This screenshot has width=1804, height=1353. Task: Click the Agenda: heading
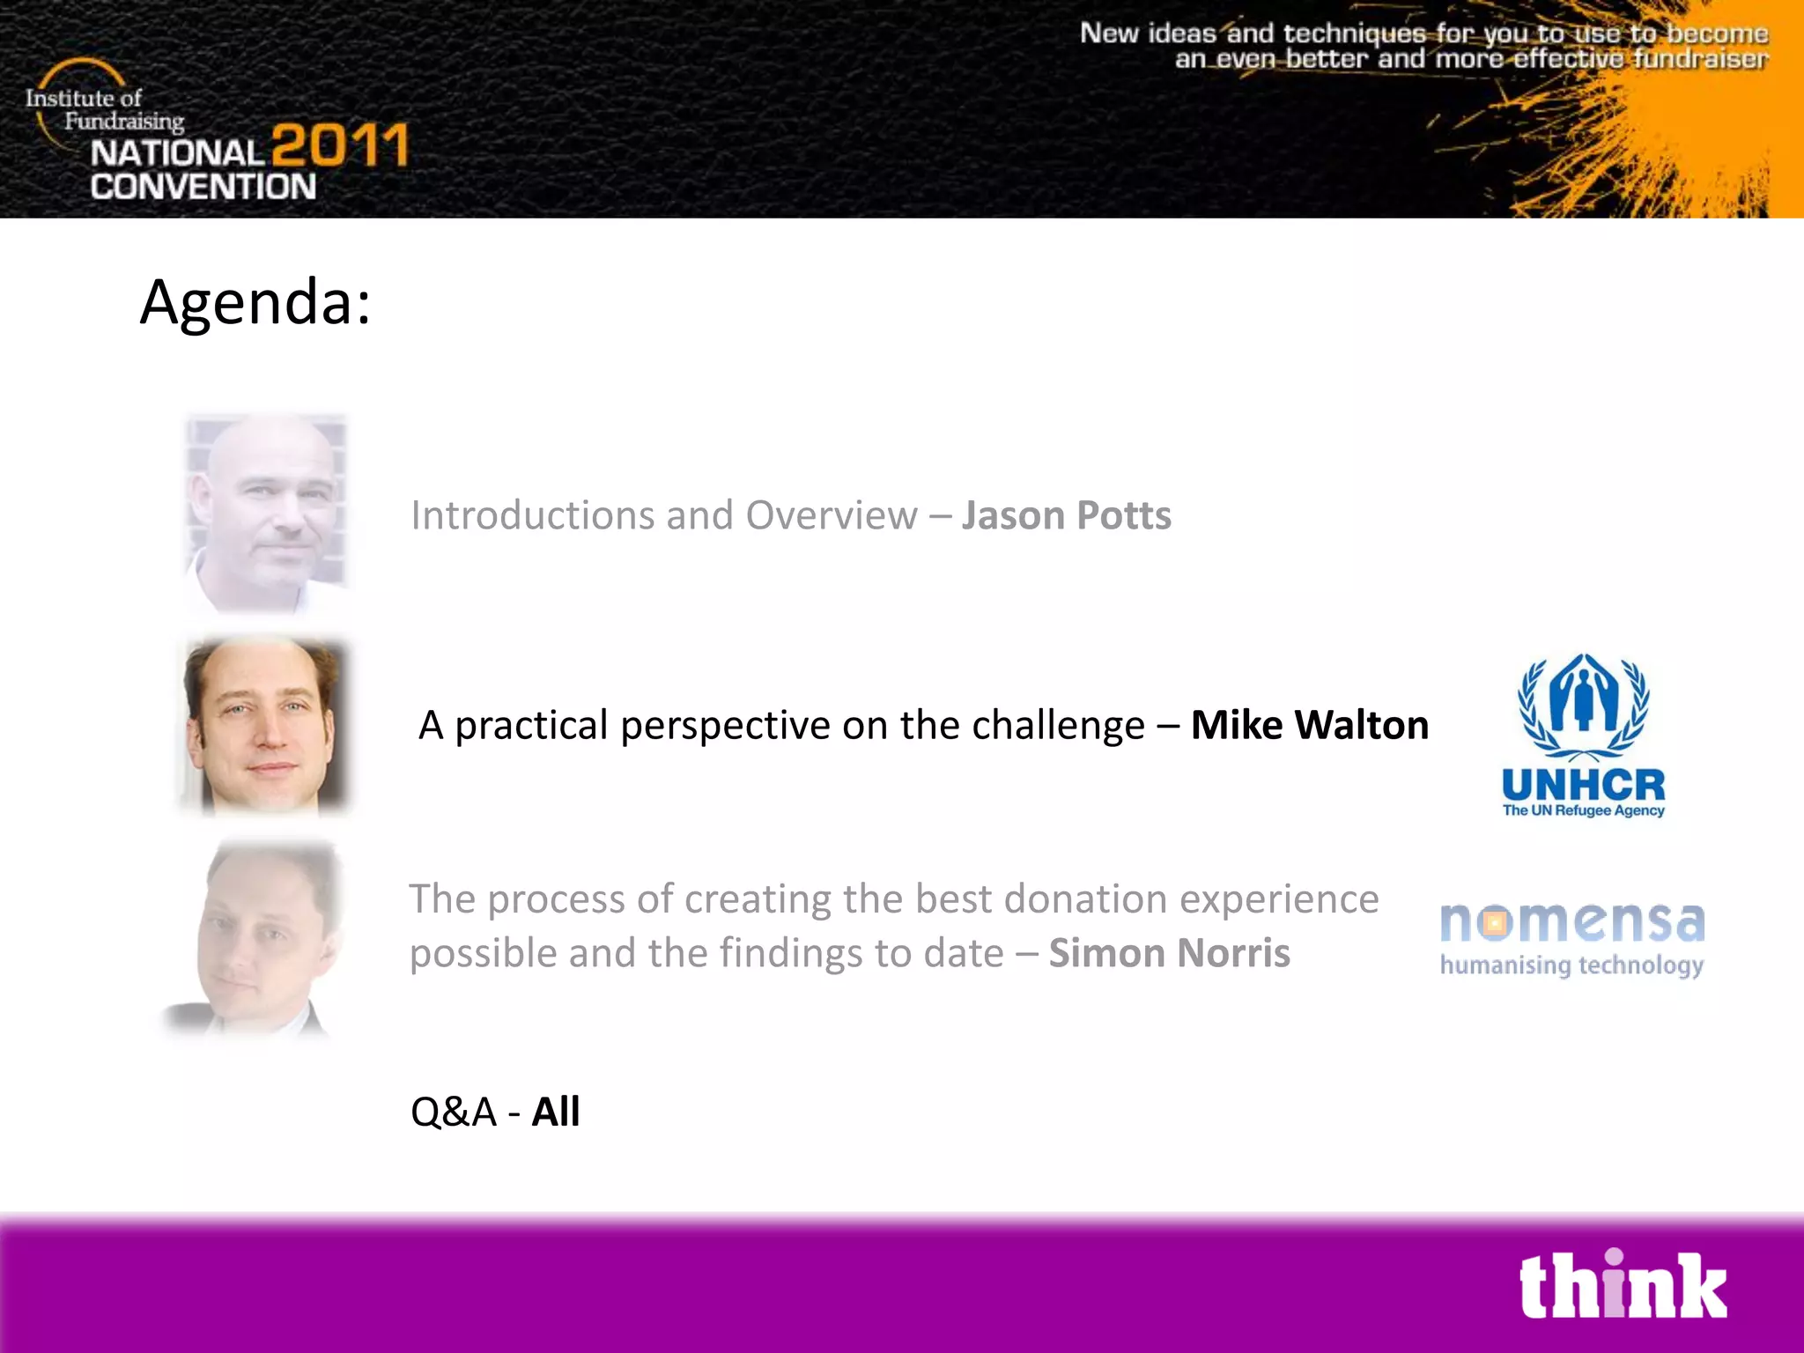[255, 302]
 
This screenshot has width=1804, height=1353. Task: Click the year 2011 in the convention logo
[340, 145]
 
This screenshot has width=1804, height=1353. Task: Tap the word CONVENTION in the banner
[203, 187]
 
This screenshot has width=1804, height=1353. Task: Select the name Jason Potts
[1066, 515]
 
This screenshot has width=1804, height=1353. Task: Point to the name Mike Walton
[1309, 725]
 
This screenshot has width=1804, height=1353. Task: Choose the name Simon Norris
[1169, 953]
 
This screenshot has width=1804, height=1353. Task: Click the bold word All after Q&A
[555, 1112]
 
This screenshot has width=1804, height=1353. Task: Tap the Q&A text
[454, 1112]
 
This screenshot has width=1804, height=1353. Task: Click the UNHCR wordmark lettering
[1583, 784]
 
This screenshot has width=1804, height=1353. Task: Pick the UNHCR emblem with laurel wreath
[1583, 705]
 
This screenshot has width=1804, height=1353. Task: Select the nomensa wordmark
[1572, 921]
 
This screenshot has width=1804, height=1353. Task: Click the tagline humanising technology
[1571, 965]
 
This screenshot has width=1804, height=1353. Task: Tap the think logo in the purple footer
[1623, 1286]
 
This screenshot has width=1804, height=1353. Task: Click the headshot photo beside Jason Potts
[266, 513]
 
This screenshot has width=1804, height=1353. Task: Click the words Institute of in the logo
[83, 98]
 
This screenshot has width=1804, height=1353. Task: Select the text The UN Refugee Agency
[1583, 810]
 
